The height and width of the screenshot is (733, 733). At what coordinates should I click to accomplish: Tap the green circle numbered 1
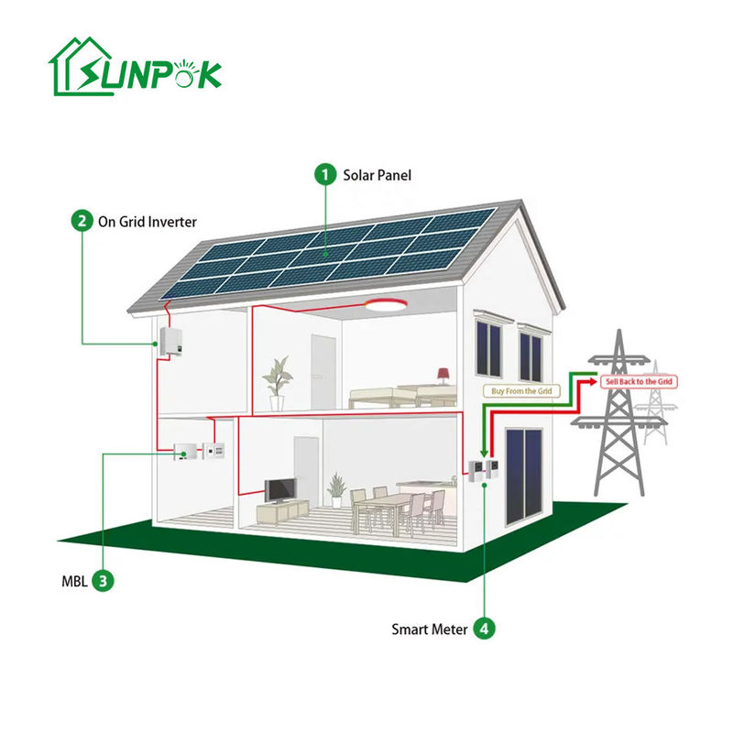click(x=324, y=174)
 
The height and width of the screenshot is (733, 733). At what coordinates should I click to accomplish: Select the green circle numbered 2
click(x=82, y=221)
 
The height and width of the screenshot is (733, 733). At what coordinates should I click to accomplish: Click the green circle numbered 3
click(x=105, y=579)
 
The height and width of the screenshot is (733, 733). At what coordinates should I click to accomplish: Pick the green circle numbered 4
click(x=485, y=629)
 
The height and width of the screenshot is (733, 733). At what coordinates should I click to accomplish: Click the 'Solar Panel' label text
click(x=377, y=174)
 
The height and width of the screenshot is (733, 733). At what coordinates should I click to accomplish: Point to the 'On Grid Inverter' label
click(x=148, y=221)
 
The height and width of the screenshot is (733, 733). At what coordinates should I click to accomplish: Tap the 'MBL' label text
click(x=72, y=579)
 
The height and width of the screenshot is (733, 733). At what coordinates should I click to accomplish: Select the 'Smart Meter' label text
click(x=430, y=629)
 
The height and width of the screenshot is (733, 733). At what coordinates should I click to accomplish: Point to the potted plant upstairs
click(x=275, y=380)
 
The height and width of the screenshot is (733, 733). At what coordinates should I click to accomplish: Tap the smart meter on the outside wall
click(x=480, y=470)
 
